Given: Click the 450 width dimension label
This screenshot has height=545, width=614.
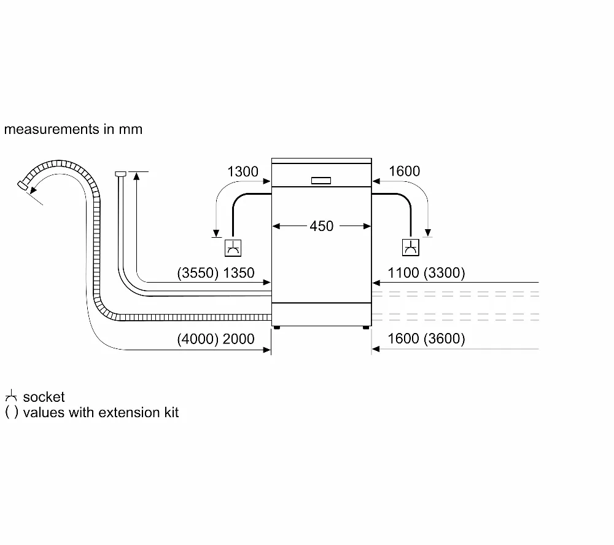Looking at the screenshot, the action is pyautogui.click(x=322, y=226).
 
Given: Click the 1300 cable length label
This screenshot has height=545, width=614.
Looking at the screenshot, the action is pyautogui.click(x=243, y=171).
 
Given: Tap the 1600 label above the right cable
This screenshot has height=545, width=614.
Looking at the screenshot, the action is pyautogui.click(x=404, y=171).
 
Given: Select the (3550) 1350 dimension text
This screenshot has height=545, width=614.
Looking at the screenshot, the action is pyautogui.click(x=216, y=273).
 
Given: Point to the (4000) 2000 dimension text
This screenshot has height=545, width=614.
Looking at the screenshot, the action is pyautogui.click(x=216, y=339).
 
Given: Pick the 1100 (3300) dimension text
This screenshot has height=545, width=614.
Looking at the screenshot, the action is pyautogui.click(x=427, y=273).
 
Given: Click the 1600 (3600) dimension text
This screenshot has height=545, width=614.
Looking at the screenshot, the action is pyautogui.click(x=427, y=339).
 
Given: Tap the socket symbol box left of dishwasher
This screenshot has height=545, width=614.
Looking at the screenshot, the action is pyautogui.click(x=233, y=248).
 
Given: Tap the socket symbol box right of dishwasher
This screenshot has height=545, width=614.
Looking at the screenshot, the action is pyautogui.click(x=411, y=248).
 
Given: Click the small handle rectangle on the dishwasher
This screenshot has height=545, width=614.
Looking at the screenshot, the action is pyautogui.click(x=321, y=181).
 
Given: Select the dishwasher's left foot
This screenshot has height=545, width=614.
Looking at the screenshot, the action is pyautogui.click(x=277, y=327).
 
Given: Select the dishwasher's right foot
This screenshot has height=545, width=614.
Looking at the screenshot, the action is pyautogui.click(x=366, y=327).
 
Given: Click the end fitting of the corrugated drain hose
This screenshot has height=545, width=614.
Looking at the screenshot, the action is pyautogui.click(x=23, y=186).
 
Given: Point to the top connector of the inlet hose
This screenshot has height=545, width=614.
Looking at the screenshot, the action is pyautogui.click(x=120, y=173).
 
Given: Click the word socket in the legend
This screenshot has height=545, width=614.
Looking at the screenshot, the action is pyautogui.click(x=44, y=397).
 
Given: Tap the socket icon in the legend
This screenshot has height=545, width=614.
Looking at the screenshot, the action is pyautogui.click(x=11, y=396).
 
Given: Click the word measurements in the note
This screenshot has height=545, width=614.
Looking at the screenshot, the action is pyautogui.click(x=52, y=129).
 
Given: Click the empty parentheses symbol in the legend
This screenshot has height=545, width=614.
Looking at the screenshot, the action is pyautogui.click(x=11, y=412).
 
